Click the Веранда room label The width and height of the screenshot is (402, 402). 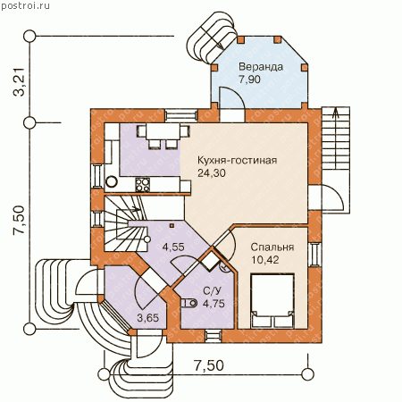click(261, 67)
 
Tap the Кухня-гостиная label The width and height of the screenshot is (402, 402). click(238, 160)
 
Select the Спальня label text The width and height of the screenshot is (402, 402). click(272, 247)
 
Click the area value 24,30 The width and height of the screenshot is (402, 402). click(212, 173)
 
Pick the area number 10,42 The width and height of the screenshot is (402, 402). click(265, 260)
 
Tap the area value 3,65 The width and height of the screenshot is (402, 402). click(148, 318)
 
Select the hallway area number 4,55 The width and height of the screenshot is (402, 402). click(173, 247)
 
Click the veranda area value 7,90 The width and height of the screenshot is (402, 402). click(249, 80)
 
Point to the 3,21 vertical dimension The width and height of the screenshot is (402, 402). click(19, 82)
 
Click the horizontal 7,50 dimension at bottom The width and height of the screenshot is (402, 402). click(209, 365)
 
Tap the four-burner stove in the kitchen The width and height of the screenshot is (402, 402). click(143, 185)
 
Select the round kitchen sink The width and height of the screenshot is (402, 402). click(112, 181)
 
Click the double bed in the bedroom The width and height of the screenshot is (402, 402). click(272, 301)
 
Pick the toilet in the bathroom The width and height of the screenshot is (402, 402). click(189, 304)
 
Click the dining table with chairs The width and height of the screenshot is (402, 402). click(163, 135)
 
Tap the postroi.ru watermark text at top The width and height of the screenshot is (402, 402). click(26, 6)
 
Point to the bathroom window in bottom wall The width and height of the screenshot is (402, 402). click(214, 336)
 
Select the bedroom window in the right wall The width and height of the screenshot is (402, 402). click(314, 255)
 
